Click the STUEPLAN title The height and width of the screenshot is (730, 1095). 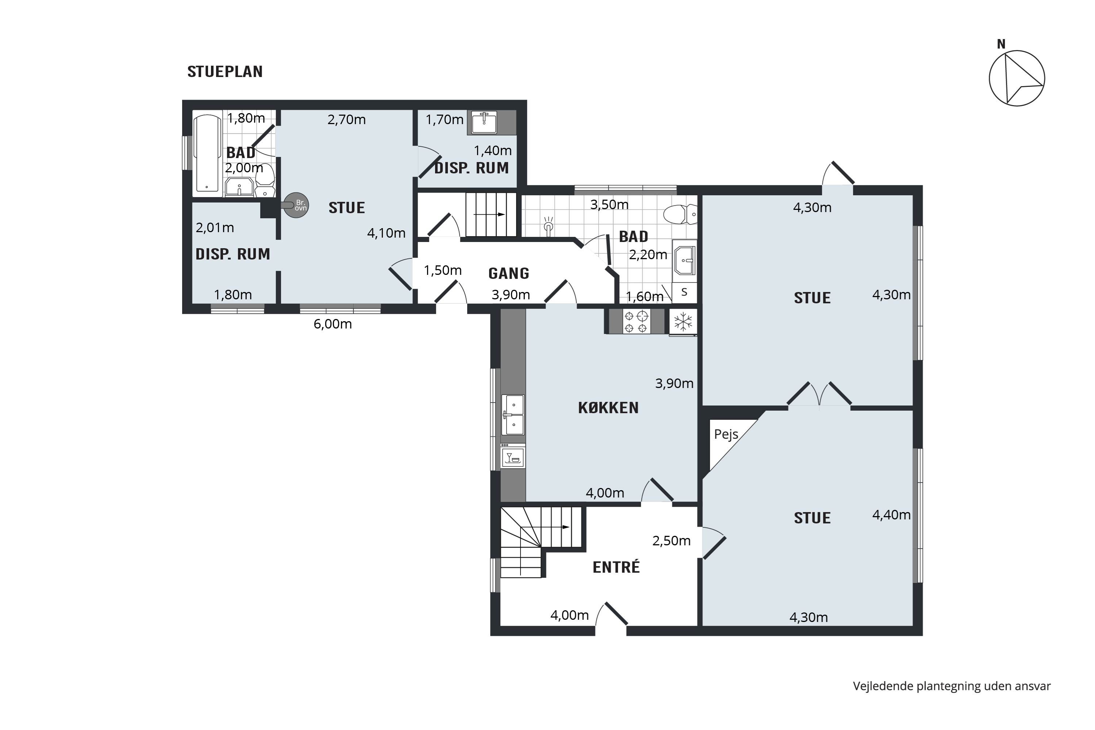pyautogui.click(x=225, y=72)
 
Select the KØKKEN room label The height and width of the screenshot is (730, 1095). pyautogui.click(x=608, y=408)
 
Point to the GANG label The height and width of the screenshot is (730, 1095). pyautogui.click(x=508, y=273)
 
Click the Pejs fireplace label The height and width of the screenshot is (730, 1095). pyautogui.click(x=726, y=434)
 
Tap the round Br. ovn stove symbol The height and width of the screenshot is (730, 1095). pyautogui.click(x=296, y=205)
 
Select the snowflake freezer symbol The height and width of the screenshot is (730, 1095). pyautogui.click(x=683, y=322)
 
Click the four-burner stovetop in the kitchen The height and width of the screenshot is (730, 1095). pyautogui.click(x=636, y=322)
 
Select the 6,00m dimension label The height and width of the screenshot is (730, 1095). pyautogui.click(x=333, y=324)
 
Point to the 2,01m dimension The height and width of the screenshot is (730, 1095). pyautogui.click(x=215, y=228)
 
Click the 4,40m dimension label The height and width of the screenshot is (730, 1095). pyautogui.click(x=891, y=515)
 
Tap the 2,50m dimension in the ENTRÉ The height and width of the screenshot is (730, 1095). pyautogui.click(x=671, y=541)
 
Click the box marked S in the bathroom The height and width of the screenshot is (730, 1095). pyautogui.click(x=684, y=292)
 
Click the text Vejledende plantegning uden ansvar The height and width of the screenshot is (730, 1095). pyautogui.click(x=952, y=686)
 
